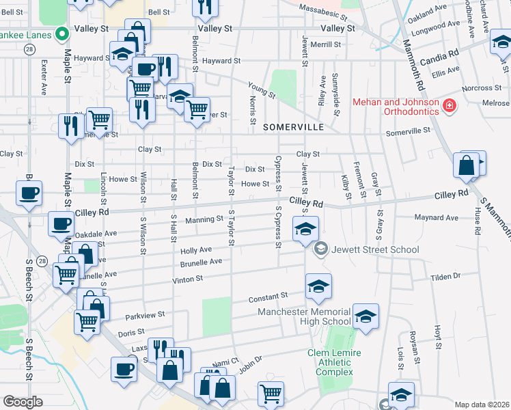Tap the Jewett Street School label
(x=375, y=249)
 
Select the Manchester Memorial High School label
(x=304, y=317)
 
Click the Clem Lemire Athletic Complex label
(x=335, y=362)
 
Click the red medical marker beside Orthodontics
(x=450, y=105)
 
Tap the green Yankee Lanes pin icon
(x=62, y=33)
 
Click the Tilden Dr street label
(x=446, y=276)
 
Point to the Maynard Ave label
(x=437, y=218)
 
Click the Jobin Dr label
(x=250, y=365)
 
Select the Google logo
(x=23, y=402)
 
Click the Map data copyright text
(x=482, y=405)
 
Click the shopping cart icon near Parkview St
(x=87, y=320)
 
